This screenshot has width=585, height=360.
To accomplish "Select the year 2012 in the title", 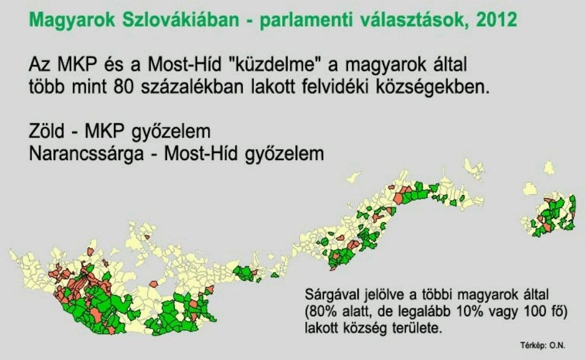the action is [x=497, y=19].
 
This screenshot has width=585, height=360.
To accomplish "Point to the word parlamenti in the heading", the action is [x=306, y=20].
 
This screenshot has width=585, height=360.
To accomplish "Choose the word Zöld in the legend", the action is [x=47, y=131].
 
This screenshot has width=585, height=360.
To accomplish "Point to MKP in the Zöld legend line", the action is [x=104, y=131].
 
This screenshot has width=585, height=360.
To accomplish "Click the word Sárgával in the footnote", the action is [x=332, y=295].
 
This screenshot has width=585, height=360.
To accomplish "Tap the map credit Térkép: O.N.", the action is [x=543, y=345].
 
